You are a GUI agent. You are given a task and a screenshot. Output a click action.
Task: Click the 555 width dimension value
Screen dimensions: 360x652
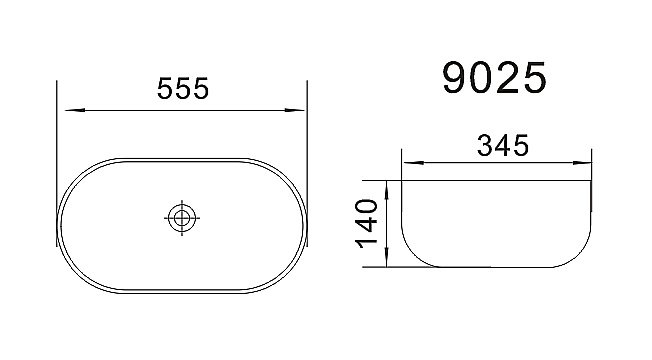click(182, 90)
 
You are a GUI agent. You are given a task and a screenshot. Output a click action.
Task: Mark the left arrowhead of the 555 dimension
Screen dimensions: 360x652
click(64, 109)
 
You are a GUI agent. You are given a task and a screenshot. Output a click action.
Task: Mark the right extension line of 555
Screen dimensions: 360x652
click(306, 140)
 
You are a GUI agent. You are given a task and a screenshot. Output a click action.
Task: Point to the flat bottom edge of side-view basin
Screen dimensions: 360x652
click(500, 268)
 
